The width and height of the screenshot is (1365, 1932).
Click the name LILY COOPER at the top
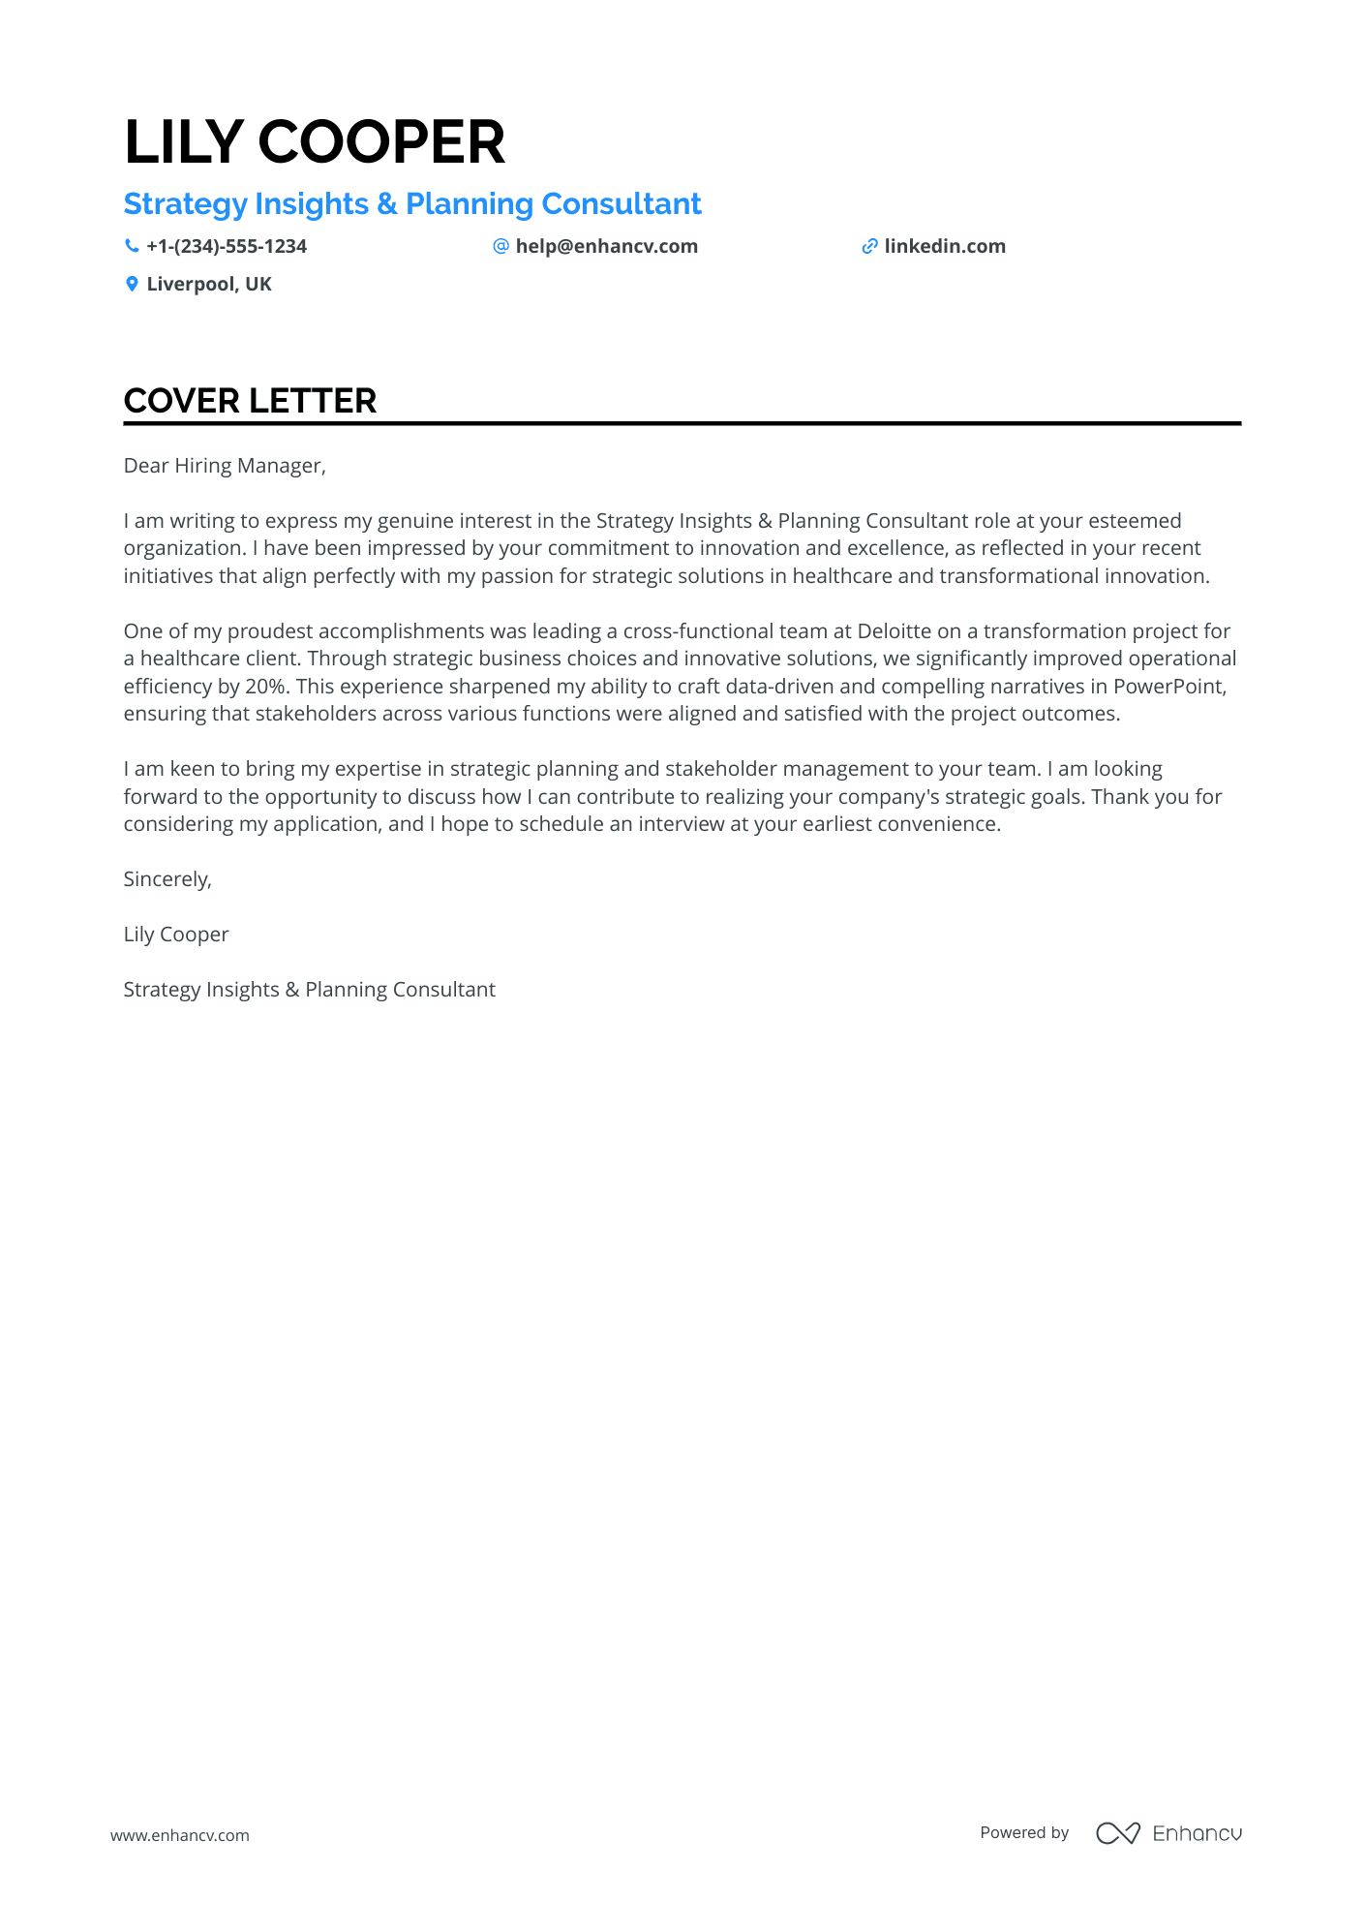(315, 142)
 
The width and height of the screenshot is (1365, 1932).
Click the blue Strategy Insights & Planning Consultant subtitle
(412, 204)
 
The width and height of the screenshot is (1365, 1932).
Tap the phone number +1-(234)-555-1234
(227, 247)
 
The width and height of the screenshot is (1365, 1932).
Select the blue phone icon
(132, 247)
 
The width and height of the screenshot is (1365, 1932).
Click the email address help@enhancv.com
(606, 247)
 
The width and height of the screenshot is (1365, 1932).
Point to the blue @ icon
(500, 247)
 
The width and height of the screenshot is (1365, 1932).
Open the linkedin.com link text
(945, 247)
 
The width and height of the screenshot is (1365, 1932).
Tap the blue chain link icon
(869, 247)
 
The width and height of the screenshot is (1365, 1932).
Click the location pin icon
(132, 285)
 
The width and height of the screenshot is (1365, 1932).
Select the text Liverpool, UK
(209, 285)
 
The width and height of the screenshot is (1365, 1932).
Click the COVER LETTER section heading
(250, 401)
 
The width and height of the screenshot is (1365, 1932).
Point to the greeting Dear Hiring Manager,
(225, 466)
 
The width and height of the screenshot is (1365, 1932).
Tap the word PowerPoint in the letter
(1168, 687)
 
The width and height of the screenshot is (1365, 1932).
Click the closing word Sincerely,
(167, 879)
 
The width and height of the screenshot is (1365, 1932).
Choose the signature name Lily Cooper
(176, 935)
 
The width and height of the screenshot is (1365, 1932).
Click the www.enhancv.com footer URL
(180, 1835)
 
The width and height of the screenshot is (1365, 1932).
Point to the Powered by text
(1024, 1832)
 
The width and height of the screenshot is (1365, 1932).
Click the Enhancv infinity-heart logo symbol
(1118, 1833)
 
